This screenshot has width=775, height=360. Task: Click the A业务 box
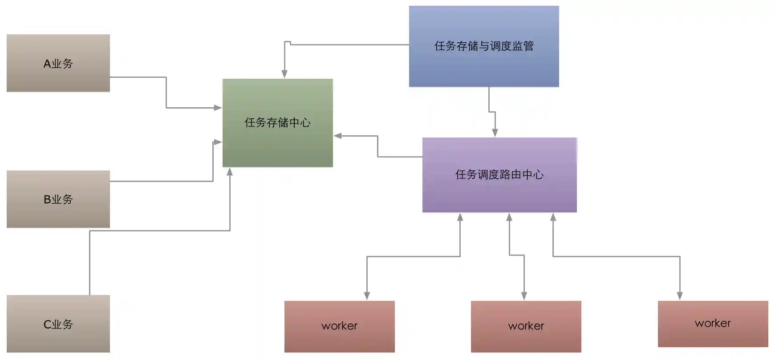[58, 63]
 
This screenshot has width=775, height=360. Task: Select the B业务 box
[58, 199]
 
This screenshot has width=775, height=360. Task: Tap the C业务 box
[58, 324]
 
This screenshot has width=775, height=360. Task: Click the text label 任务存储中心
[277, 122]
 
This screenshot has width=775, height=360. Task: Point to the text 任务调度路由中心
[499, 174]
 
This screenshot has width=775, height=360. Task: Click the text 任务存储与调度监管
[484, 46]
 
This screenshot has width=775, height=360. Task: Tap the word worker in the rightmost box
[713, 323]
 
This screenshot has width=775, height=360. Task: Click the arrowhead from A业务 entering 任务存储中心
[218, 108]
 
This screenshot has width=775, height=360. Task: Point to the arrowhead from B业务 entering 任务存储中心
[218, 142]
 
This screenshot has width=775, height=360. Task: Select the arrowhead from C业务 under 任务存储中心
[230, 172]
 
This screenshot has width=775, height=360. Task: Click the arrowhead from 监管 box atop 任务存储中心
[284, 74]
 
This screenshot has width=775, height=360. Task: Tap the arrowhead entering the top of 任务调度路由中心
[495, 133]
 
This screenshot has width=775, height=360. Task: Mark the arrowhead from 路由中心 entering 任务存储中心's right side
[338, 136]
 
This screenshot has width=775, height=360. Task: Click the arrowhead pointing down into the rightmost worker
[680, 296]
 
